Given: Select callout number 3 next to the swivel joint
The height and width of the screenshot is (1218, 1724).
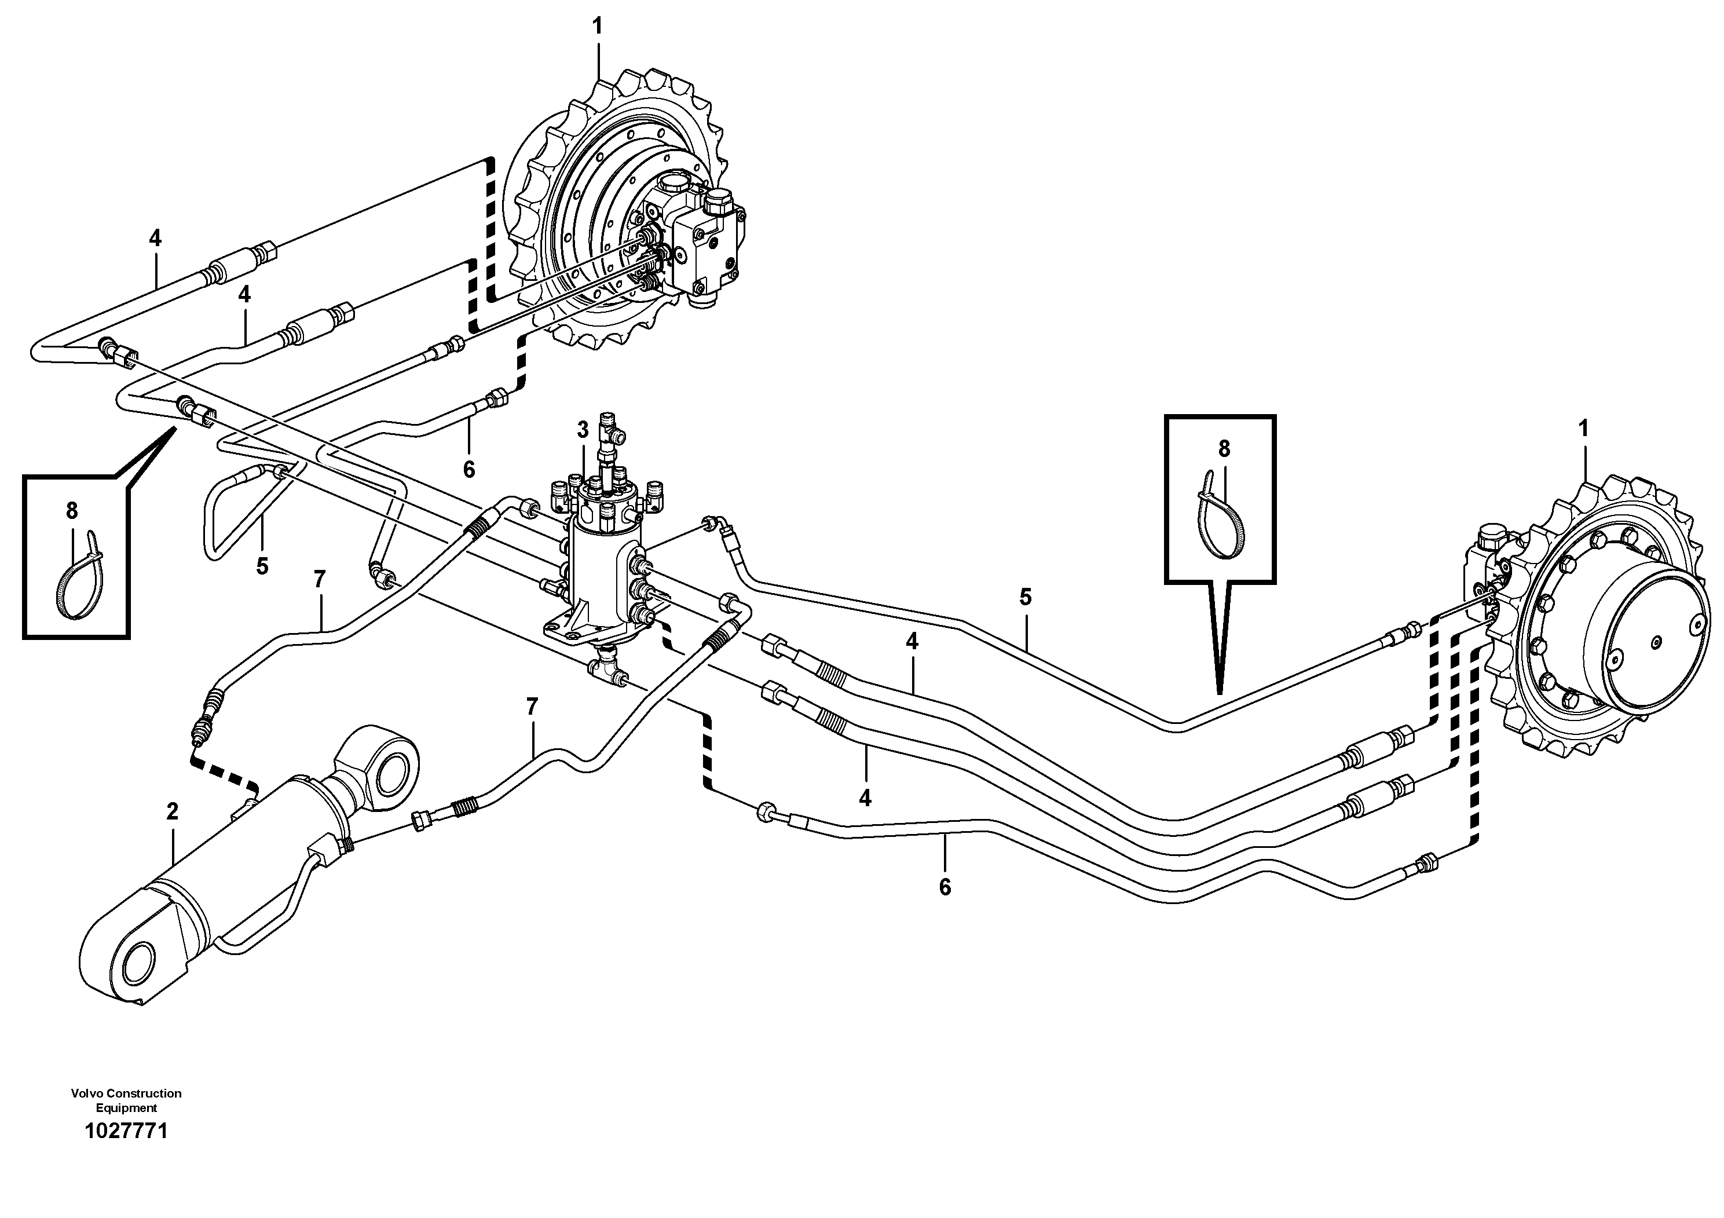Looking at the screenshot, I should [x=583, y=430].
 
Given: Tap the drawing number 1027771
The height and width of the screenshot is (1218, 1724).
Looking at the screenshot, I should [x=126, y=1132].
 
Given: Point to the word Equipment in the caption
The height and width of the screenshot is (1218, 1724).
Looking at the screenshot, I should [x=126, y=1107].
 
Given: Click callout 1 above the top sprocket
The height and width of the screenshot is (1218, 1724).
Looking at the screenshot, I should [x=597, y=26].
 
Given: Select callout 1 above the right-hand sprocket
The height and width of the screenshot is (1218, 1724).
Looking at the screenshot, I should [x=1584, y=430].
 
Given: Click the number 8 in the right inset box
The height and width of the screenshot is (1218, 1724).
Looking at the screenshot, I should [x=1224, y=449].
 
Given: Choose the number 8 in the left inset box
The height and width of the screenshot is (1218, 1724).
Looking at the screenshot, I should [x=72, y=511].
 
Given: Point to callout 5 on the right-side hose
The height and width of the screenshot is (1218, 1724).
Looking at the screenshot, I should [x=1026, y=598].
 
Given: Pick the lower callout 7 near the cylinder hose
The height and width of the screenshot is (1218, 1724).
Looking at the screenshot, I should [x=532, y=707].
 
